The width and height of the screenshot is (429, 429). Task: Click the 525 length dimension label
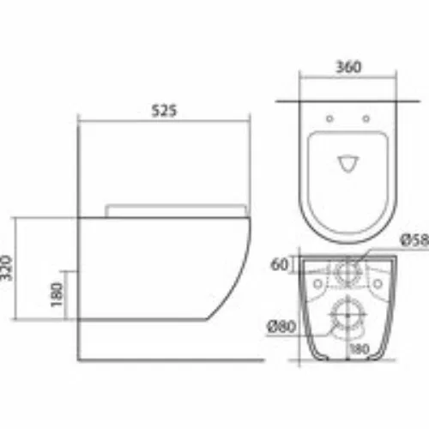164,111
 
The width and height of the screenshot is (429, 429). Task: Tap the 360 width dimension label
348,67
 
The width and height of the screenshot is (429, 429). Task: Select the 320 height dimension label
6,268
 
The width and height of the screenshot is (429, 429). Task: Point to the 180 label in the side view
57,294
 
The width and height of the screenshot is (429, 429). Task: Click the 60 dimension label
280,264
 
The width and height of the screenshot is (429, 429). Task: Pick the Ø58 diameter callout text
414,240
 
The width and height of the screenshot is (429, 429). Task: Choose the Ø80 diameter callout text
281,326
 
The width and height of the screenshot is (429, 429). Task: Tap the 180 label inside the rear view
360,349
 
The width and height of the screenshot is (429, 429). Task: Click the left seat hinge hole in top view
329,118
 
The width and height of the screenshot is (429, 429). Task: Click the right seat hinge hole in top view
366,118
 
